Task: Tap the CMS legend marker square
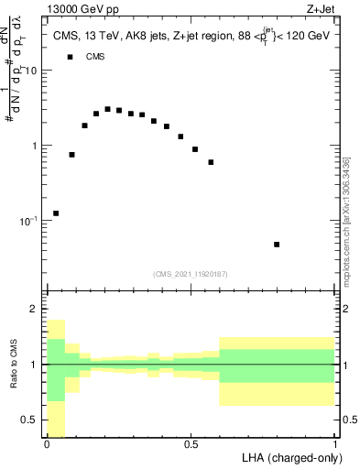[x=70, y=57]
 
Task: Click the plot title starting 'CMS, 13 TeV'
[x=191, y=36]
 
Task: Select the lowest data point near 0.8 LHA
[x=277, y=245]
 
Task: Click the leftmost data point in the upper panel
[x=56, y=213]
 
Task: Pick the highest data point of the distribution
[x=107, y=109]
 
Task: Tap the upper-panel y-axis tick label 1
[x=35, y=146]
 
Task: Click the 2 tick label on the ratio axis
[x=35, y=309]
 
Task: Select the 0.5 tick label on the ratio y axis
[x=30, y=420]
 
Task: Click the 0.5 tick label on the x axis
[x=191, y=444]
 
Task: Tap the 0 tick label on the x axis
[x=47, y=444]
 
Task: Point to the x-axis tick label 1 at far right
[x=335, y=444]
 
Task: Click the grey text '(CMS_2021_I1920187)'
[x=191, y=274]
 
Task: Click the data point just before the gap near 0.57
[x=211, y=162]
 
